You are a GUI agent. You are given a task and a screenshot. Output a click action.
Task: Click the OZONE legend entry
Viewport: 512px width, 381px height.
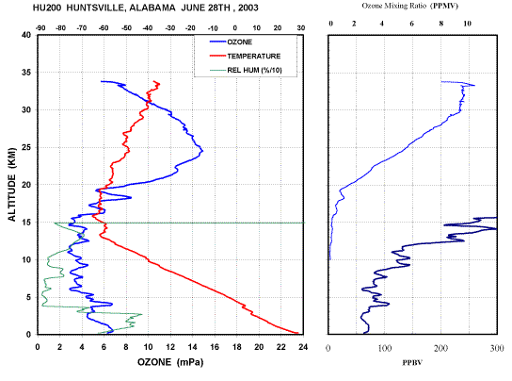[x=231, y=41]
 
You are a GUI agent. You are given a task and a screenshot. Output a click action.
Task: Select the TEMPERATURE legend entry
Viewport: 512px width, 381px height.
[x=245, y=56]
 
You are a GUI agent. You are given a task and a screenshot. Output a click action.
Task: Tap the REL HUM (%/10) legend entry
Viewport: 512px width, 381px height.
[x=246, y=70]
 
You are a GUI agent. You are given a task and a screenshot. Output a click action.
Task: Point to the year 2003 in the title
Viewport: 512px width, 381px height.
[x=248, y=8]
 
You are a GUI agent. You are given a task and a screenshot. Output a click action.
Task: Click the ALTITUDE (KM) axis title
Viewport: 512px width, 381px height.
[x=11, y=185]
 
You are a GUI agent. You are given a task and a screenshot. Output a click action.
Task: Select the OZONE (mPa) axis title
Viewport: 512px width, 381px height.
[x=170, y=362]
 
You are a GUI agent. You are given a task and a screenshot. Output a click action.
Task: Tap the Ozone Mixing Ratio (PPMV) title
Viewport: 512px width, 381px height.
[x=409, y=6]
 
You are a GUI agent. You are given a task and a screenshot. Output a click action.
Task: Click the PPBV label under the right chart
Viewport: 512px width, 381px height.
[x=412, y=362]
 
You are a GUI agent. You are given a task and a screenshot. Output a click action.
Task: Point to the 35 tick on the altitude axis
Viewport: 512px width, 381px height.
[x=26, y=73]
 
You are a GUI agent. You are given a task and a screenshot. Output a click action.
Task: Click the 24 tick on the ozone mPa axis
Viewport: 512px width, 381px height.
[x=303, y=347]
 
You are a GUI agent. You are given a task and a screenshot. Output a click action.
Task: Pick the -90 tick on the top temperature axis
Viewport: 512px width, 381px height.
[x=40, y=28]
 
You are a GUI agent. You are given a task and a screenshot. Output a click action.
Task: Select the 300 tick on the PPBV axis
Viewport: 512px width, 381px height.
[x=497, y=349]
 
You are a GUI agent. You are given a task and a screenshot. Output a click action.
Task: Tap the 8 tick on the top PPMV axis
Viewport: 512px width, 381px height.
[x=441, y=24]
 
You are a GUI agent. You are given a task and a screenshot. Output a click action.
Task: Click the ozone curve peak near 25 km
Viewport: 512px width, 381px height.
[x=202, y=151]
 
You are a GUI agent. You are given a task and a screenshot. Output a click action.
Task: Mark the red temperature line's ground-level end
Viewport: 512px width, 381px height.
[x=297, y=333]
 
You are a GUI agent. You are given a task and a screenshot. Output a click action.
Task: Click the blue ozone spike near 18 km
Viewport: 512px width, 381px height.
[x=131, y=197]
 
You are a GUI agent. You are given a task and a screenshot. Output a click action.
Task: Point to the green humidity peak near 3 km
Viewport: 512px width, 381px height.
[x=141, y=315]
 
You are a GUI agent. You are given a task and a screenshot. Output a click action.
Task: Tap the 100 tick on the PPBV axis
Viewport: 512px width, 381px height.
[x=385, y=349]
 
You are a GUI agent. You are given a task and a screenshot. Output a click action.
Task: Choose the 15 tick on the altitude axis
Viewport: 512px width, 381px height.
[x=26, y=223]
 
